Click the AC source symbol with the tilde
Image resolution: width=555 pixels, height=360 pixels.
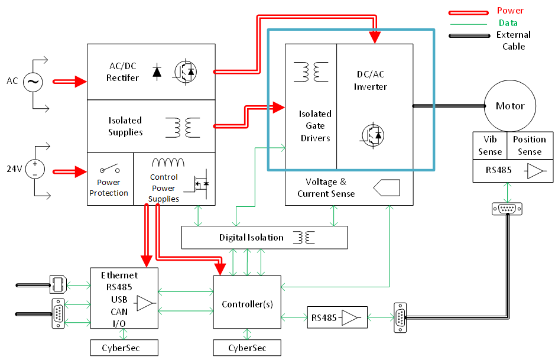[33, 83]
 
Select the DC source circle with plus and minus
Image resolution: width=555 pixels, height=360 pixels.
[35, 169]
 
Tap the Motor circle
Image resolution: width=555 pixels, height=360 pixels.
[509, 106]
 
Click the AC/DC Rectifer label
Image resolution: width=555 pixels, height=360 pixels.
[123, 72]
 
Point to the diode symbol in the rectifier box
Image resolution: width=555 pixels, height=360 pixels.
[157, 72]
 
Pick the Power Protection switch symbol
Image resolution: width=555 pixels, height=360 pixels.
[109, 170]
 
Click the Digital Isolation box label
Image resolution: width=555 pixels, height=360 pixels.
[251, 238]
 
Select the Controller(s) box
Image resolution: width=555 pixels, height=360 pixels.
[247, 304]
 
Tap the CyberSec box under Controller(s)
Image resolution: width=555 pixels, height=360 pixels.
[247, 348]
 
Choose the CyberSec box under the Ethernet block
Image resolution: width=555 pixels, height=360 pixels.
[124, 348]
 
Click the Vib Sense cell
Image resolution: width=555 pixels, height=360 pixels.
[490, 145]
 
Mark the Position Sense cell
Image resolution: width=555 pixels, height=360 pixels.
[529, 145]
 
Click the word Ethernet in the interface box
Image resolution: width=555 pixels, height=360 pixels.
[119, 275]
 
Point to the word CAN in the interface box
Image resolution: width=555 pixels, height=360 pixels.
[119, 312]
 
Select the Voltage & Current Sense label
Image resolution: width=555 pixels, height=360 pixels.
[326, 187]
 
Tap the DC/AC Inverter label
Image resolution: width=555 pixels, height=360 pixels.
[371, 80]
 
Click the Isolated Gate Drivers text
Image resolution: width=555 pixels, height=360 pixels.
[315, 126]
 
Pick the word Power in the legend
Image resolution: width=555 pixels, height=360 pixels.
[510, 11]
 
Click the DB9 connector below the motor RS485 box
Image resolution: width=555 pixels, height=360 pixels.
[507, 209]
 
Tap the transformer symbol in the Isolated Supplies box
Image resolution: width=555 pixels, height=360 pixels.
[183, 127]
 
